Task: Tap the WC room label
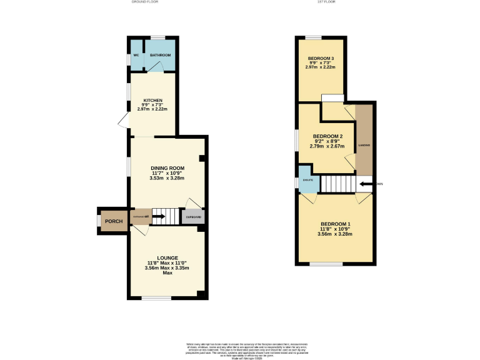click(136, 56)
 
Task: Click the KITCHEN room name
click(153, 100)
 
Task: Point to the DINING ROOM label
click(167, 167)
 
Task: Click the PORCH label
click(113, 221)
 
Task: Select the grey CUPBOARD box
click(192, 217)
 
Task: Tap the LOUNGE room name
click(167, 257)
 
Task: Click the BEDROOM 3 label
click(321, 58)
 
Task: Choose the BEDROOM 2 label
click(327, 136)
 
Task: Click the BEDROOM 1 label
click(336, 224)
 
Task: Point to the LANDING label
click(364, 145)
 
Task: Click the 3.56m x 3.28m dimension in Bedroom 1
click(336, 234)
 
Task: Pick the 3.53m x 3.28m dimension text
click(167, 178)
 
